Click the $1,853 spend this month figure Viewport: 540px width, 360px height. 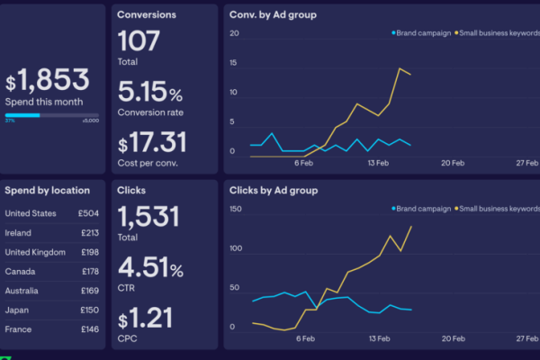(47, 82)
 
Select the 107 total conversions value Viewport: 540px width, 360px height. (139, 41)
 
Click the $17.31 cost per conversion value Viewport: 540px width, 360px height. (153, 142)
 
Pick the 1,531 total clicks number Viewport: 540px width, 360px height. (148, 217)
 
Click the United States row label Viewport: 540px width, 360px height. (31, 213)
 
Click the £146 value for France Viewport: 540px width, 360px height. (90, 330)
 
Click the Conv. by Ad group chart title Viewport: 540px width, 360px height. (273, 15)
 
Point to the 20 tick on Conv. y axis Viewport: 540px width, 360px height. (234, 33)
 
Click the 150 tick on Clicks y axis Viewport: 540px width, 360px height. (237, 209)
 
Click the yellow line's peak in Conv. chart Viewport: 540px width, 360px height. (400, 68)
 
